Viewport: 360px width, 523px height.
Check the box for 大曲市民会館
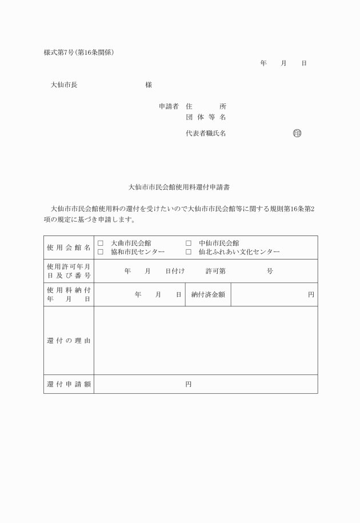[101, 243]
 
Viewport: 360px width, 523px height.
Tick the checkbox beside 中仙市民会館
[188, 243]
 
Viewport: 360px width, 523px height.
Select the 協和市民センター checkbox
[101, 251]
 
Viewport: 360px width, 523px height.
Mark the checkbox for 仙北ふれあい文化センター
[188, 251]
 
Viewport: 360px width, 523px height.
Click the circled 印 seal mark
[297, 134]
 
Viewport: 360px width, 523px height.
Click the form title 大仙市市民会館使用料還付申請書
[180, 187]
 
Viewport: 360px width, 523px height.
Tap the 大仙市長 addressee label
[64, 85]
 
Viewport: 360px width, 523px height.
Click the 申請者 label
[169, 107]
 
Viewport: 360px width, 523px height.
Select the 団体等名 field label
[206, 117]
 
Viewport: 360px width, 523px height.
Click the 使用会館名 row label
[69, 247]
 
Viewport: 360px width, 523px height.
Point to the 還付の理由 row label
[69, 341]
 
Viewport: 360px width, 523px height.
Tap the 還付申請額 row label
[69, 384]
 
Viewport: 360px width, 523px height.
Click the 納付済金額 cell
[208, 295]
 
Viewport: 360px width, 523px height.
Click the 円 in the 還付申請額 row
[188, 384]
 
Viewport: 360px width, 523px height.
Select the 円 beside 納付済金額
[311, 295]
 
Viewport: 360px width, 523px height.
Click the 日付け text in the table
[175, 271]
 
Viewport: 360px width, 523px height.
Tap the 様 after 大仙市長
[149, 85]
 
